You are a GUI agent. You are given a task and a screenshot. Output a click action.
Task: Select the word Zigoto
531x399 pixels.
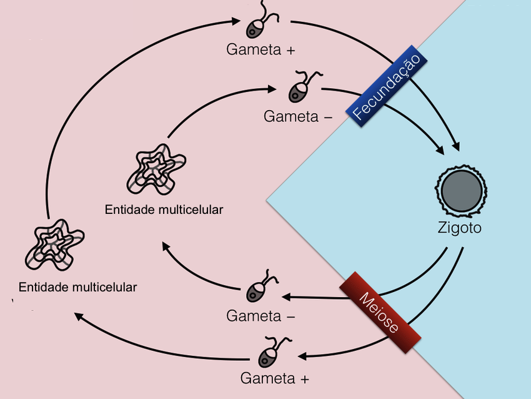click(x=459, y=228)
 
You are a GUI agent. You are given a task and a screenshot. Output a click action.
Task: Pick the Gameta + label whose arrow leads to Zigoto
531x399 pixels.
click(x=261, y=50)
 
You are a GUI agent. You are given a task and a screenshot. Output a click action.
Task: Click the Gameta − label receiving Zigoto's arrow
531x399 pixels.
click(x=261, y=316)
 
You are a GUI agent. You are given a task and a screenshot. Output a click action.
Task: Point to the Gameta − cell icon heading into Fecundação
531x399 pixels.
click(x=299, y=89)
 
